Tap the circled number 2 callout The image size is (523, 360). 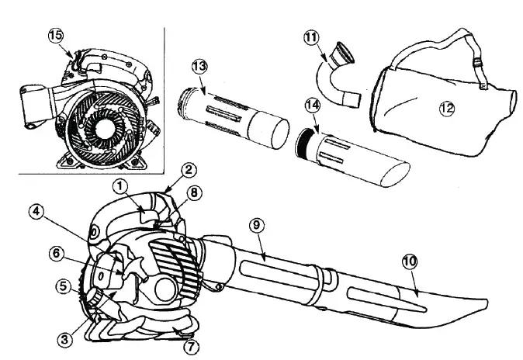189,169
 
